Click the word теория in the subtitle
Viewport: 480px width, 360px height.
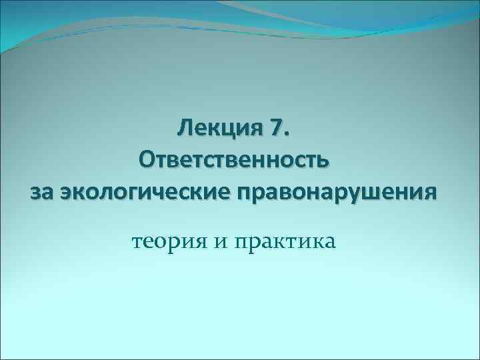(x=169, y=241)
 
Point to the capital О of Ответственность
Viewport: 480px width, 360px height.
(x=148, y=161)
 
